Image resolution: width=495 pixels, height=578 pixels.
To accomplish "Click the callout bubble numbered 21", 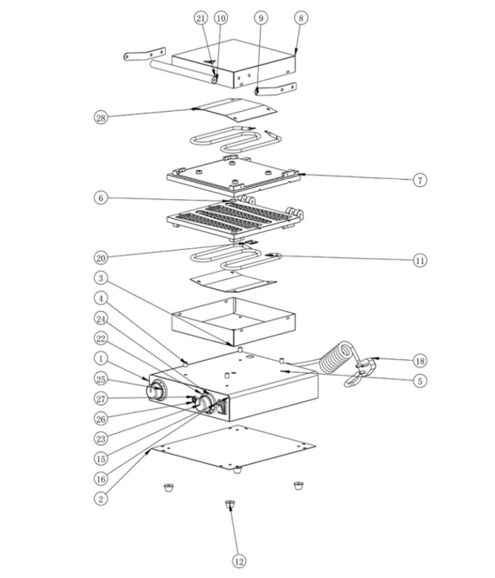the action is pos(201,18).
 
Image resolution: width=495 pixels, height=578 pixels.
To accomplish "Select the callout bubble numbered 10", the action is pos(221,18).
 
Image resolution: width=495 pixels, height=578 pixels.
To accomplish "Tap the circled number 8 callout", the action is pos(301,18).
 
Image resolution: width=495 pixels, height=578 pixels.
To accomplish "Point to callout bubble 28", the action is pos(100,118).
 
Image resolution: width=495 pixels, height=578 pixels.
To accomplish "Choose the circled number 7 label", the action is pos(420,180).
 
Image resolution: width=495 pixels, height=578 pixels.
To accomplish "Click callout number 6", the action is pos(100,198).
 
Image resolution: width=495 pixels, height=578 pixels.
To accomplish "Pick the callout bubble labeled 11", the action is pos(420,260).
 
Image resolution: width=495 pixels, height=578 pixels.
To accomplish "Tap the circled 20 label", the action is pos(100,258).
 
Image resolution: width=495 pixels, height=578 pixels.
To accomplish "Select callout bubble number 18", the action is pos(420,361).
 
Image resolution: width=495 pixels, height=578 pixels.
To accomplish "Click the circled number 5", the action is pos(420,380).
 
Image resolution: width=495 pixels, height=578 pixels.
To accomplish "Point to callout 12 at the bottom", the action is pos(239,562).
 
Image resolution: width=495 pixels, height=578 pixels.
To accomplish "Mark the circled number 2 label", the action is pos(100,499).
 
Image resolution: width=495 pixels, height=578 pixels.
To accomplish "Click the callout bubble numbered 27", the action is pos(100,399).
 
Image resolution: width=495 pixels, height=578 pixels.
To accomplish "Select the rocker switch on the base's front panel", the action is pos(221,407).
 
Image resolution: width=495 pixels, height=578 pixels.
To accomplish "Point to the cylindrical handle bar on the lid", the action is pos(183,71).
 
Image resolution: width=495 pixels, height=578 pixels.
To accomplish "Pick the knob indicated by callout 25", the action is pos(156,389).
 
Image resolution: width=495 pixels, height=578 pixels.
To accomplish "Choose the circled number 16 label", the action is pos(100,479).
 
